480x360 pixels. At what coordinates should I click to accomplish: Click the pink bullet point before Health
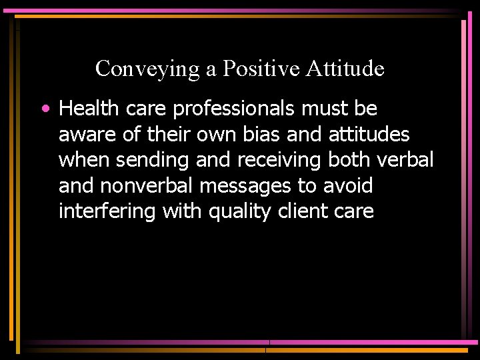44,108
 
